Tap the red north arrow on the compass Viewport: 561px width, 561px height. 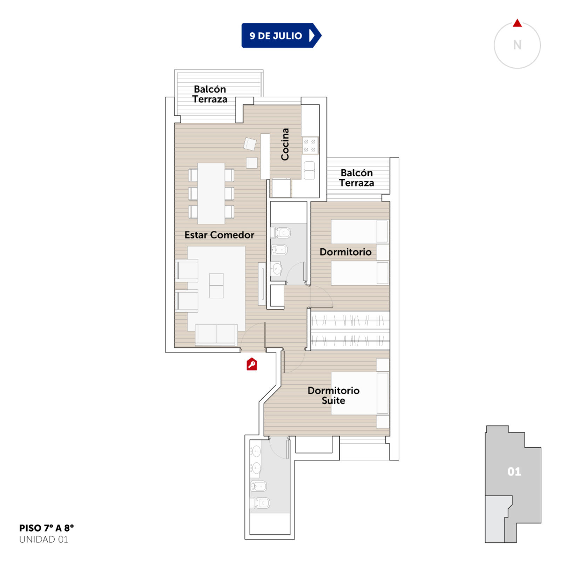(517, 23)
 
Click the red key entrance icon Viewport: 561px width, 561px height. (252, 364)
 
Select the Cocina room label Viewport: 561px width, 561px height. (285, 144)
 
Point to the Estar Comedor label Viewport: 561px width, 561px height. (219, 235)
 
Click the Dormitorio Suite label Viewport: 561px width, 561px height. (333, 396)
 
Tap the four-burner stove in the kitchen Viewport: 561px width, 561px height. (310, 146)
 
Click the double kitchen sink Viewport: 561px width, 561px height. (309, 170)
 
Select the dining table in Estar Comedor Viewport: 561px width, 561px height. (211, 193)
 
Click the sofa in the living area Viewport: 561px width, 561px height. (216, 334)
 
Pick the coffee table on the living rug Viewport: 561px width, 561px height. (216, 286)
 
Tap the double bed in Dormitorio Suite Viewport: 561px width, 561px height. (360, 393)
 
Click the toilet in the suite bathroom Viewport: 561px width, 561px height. (260, 503)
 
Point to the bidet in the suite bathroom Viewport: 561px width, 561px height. (259, 486)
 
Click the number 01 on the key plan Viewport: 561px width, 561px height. (514, 472)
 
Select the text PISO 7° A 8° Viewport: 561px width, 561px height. (47, 528)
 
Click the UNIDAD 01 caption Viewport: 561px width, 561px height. (43, 539)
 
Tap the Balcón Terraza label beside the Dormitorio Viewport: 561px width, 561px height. (357, 178)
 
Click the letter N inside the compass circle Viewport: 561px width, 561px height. (517, 45)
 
